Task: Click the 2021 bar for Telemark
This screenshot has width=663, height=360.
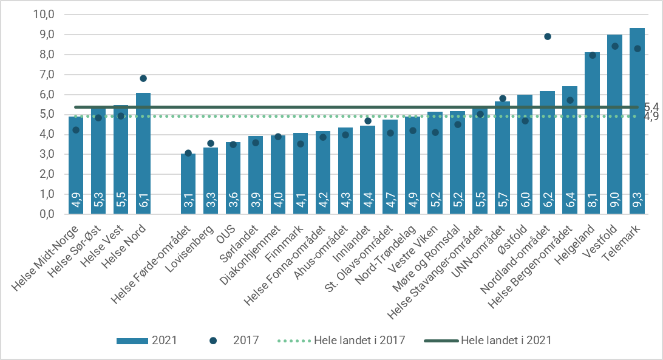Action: pyautogui.click(x=637, y=121)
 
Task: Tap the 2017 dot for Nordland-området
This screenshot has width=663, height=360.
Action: pyautogui.click(x=548, y=36)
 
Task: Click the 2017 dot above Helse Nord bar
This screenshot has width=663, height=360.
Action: pyautogui.click(x=143, y=78)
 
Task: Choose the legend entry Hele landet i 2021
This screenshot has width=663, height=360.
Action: pyautogui.click(x=506, y=341)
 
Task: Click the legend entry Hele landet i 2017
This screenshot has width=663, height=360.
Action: pyautogui.click(x=361, y=341)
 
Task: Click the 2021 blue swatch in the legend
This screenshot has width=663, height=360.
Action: pyautogui.click(x=132, y=341)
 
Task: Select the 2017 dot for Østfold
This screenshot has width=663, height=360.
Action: pyautogui.click(x=525, y=121)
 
